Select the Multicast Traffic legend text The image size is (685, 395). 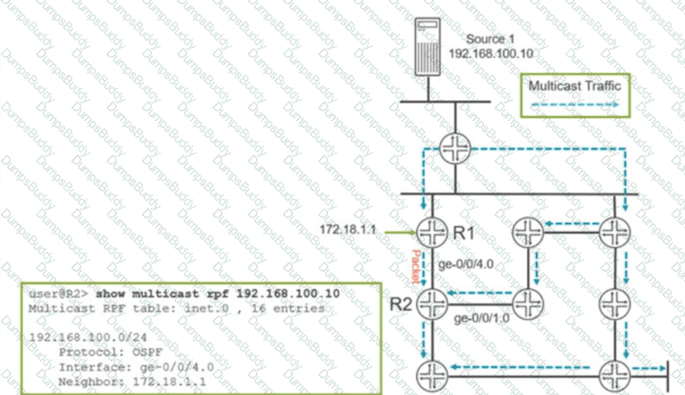tap(574, 85)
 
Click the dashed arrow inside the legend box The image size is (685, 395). tap(574, 104)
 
